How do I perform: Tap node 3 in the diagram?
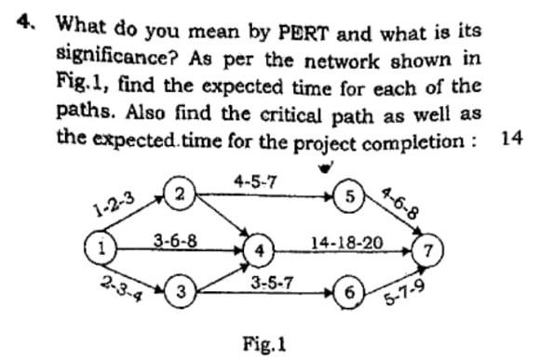click(182, 293)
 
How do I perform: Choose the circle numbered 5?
click(348, 197)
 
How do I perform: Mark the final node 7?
click(426, 249)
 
